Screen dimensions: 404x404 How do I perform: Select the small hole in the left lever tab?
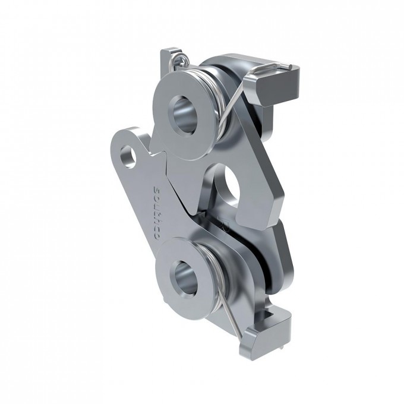point(128,157)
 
